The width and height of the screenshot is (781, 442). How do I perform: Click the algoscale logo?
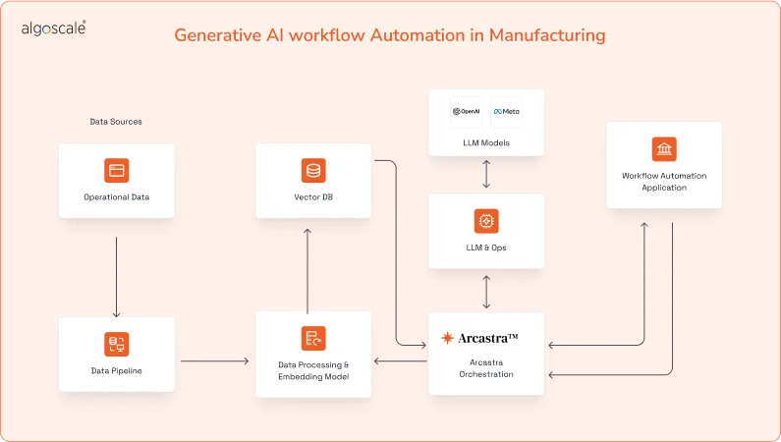click(53, 29)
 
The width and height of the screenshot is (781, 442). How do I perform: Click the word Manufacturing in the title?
click(547, 35)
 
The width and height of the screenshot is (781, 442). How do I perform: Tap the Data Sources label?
click(116, 122)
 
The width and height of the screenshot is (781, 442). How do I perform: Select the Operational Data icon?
click(116, 170)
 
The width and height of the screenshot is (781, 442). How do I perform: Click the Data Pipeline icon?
click(116, 344)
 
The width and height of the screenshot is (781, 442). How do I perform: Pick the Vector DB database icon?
click(313, 170)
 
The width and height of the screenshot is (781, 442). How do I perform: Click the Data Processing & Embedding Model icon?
click(313, 339)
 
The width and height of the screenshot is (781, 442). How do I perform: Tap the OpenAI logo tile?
click(466, 111)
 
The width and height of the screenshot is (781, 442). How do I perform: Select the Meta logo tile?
click(507, 111)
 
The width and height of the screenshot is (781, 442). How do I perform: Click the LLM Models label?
click(486, 143)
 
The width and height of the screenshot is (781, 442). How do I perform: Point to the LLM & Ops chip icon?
click(486, 220)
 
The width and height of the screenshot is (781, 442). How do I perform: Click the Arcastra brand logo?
click(479, 338)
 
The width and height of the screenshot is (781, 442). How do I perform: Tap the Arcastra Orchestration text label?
click(486, 367)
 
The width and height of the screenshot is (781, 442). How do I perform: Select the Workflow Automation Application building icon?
click(664, 148)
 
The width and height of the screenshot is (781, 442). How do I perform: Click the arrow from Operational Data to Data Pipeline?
click(116, 275)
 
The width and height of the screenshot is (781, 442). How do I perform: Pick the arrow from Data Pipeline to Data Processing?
click(214, 361)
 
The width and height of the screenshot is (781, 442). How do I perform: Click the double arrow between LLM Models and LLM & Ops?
click(486, 173)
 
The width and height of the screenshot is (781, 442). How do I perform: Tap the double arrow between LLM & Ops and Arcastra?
click(486, 292)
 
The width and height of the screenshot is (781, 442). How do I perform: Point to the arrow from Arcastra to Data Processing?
click(400, 361)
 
